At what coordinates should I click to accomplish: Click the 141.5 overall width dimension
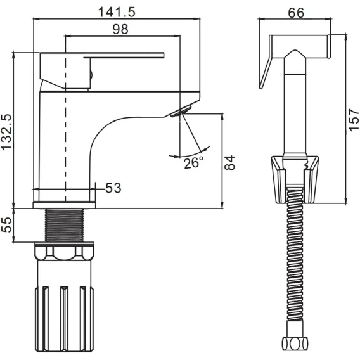117,12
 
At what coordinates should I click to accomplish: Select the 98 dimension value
120,29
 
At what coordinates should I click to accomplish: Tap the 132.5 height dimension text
6,132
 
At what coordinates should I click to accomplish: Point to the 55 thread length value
6,225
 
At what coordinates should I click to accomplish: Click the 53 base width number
113,188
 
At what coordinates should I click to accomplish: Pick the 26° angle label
193,162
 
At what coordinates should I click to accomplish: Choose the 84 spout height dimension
229,162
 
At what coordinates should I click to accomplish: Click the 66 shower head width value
296,13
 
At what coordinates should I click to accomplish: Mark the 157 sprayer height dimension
354,120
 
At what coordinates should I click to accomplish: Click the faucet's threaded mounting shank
65,225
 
